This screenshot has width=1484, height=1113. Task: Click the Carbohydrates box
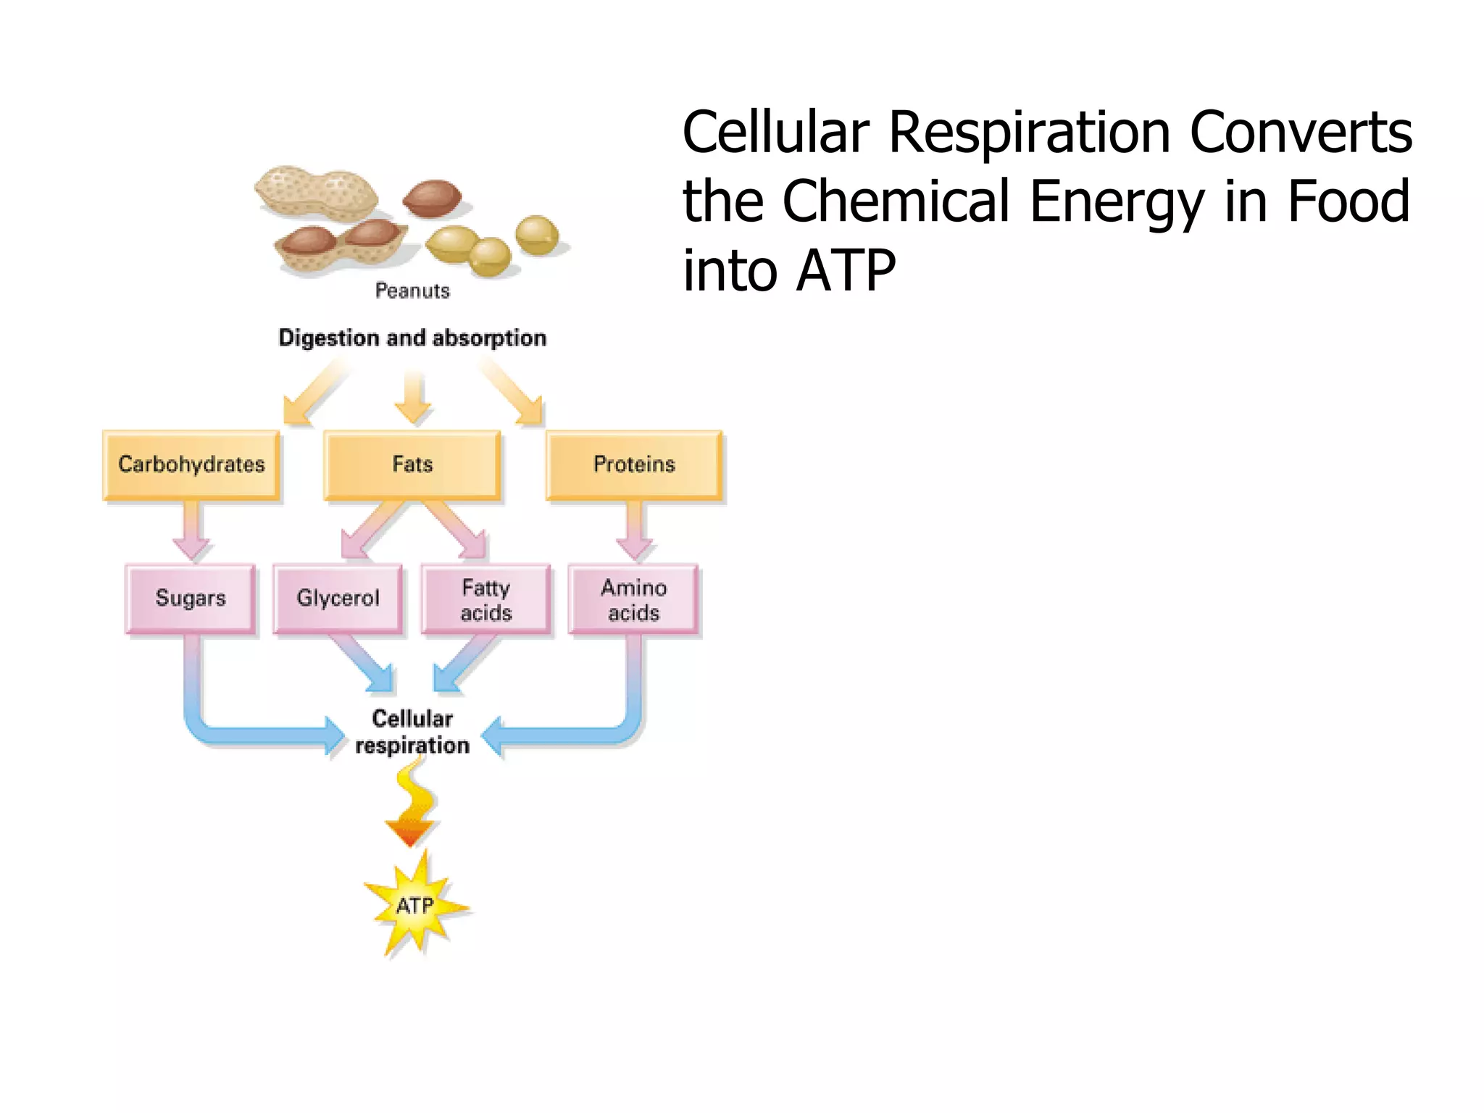(191, 464)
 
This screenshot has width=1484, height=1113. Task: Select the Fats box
(412, 464)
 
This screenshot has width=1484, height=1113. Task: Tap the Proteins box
(634, 464)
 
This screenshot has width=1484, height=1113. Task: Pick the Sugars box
(191, 599)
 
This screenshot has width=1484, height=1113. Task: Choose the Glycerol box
(338, 599)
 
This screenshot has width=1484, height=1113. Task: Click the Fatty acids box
(486, 600)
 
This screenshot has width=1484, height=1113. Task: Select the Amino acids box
(634, 600)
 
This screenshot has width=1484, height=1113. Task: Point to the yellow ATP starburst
(415, 906)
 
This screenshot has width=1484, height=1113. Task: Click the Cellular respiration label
(412, 732)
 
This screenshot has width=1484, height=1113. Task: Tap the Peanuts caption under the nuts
(412, 291)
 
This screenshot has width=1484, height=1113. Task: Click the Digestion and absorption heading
(412, 338)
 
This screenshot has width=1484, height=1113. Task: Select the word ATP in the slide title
(846, 270)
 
